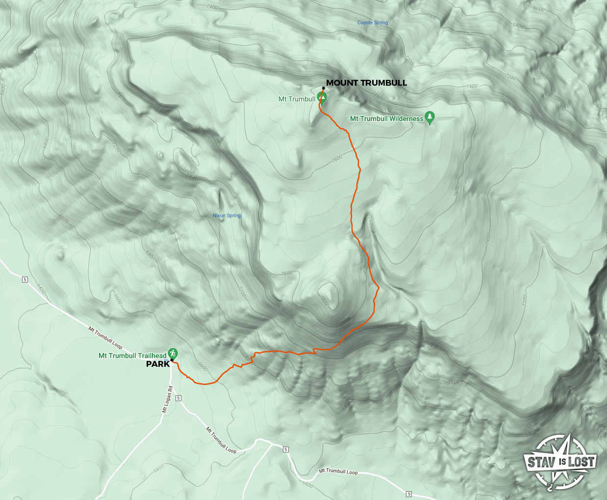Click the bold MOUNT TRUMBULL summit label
click(x=366, y=83)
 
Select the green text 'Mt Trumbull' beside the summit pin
click(x=297, y=99)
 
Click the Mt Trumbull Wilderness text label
click(x=386, y=119)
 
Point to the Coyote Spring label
click(x=372, y=23)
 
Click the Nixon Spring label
click(x=227, y=215)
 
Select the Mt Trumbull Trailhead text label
click(x=132, y=356)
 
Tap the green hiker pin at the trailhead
click(x=173, y=353)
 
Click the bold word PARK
click(x=157, y=364)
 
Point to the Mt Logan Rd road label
click(x=167, y=400)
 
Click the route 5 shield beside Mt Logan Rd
click(x=178, y=398)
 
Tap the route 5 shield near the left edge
click(x=25, y=280)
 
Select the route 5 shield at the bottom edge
click(x=409, y=494)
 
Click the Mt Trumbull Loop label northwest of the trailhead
click(x=105, y=337)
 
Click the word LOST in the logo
click(x=582, y=461)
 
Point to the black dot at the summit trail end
click(x=323, y=89)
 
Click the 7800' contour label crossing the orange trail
click(x=337, y=159)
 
